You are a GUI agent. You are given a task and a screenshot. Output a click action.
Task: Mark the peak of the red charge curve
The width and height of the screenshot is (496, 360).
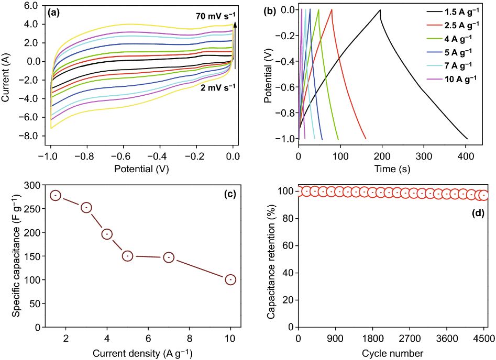click(332, 9)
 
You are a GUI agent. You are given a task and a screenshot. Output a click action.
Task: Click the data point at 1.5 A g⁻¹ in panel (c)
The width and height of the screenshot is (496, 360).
click(56, 195)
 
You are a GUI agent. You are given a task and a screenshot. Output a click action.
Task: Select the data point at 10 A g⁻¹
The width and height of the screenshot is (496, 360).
click(230, 279)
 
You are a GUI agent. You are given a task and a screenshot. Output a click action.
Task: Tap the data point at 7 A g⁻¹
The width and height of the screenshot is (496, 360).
click(169, 257)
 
